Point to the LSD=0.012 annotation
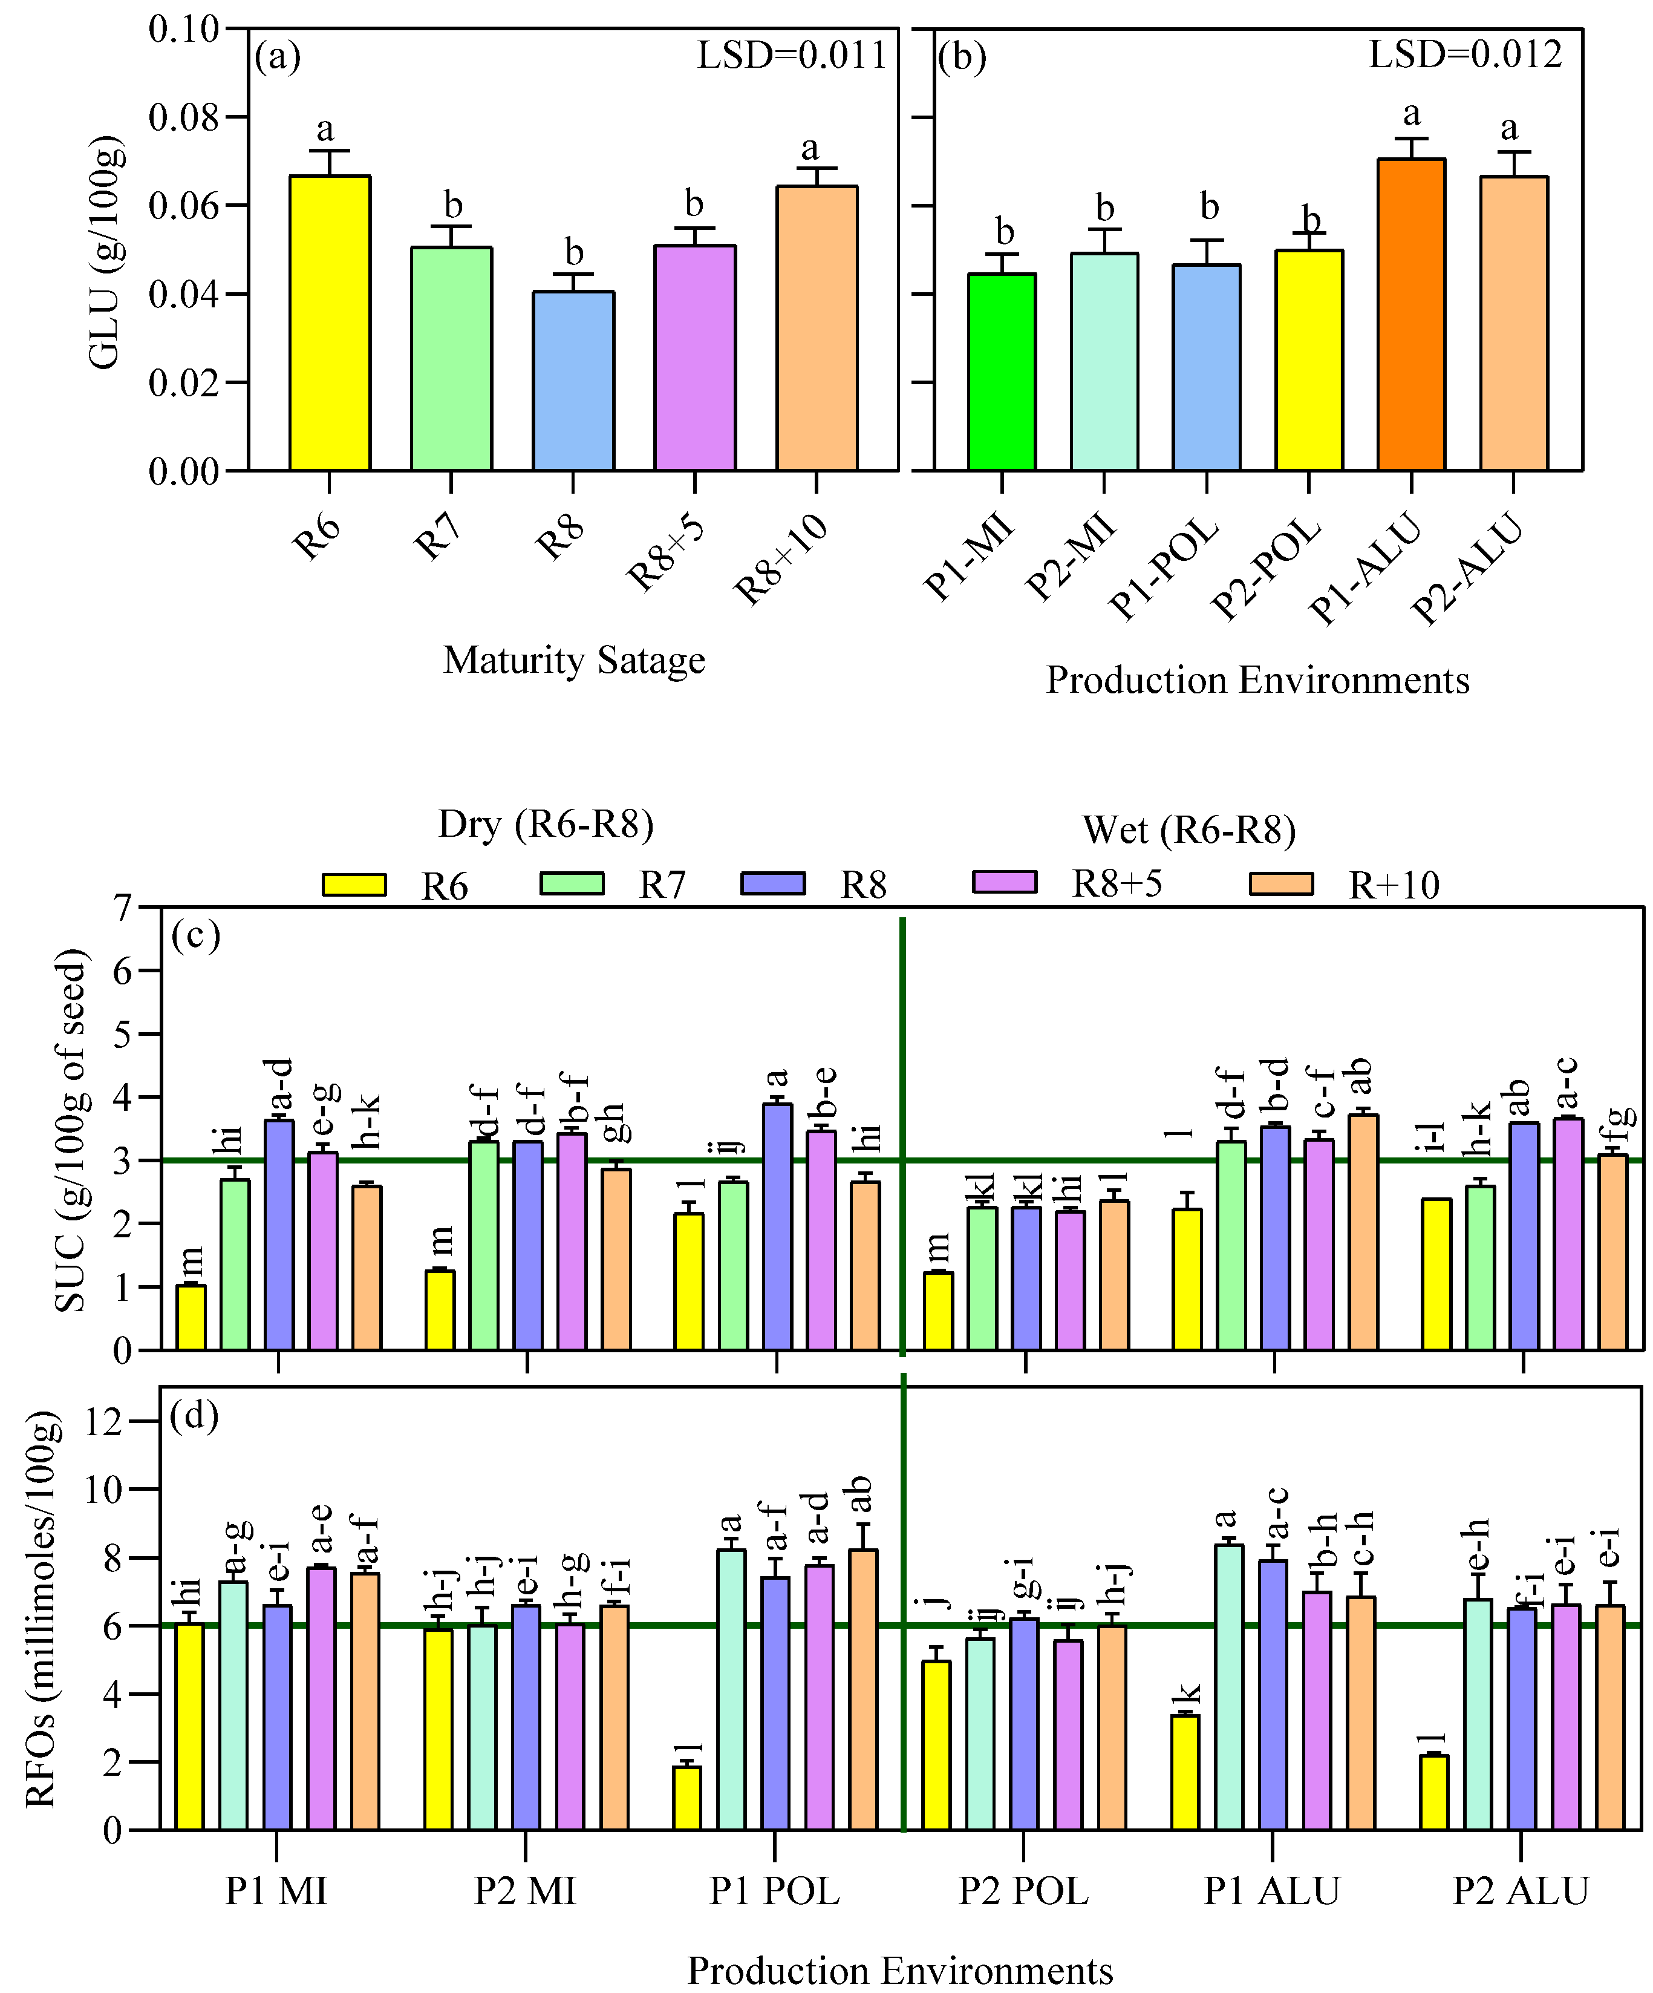[1464, 55]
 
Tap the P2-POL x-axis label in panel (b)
[1266, 569]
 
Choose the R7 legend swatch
[571, 883]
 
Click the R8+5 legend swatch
[1004, 882]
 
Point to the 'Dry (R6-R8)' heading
[546, 824]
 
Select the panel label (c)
[195, 936]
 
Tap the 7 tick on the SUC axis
[122, 908]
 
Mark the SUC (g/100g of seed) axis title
[71, 1130]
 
